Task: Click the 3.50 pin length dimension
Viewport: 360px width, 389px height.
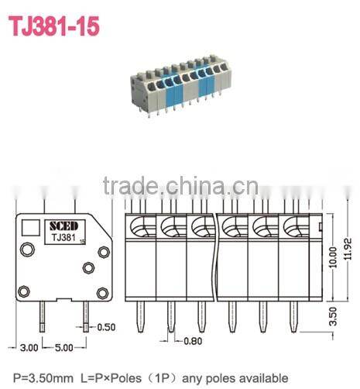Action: point(333,315)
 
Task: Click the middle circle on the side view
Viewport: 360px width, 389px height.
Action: point(87,267)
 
